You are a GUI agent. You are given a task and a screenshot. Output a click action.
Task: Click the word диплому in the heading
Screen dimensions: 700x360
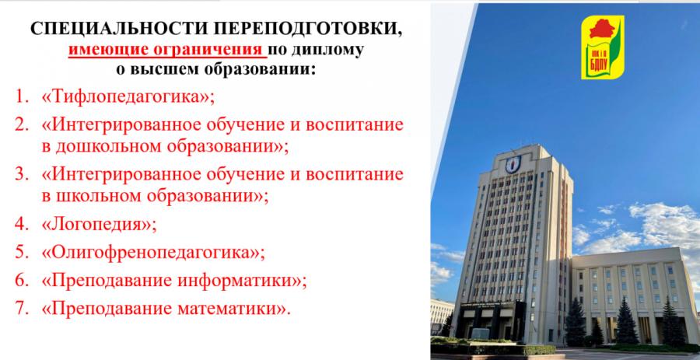328,50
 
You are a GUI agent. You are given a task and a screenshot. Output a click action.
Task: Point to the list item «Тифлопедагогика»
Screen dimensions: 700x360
128,96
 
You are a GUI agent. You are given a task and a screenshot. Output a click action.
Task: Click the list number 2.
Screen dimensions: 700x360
21,124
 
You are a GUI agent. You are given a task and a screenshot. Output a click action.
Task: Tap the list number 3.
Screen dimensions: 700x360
21,174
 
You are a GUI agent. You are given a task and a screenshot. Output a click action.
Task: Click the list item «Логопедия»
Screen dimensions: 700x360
99,225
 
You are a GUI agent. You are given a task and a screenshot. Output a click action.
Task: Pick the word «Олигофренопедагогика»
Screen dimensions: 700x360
153,253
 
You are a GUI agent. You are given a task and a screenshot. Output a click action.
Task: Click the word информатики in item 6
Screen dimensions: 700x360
239,281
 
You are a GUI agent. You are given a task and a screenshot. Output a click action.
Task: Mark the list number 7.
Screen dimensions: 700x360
21,309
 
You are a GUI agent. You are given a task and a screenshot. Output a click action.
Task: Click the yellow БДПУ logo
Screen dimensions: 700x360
602,47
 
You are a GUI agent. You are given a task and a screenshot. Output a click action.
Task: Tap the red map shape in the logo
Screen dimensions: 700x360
602,29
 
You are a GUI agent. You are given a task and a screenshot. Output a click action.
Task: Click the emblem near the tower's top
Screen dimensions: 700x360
513,164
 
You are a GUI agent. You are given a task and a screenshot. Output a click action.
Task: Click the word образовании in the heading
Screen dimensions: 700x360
261,70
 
